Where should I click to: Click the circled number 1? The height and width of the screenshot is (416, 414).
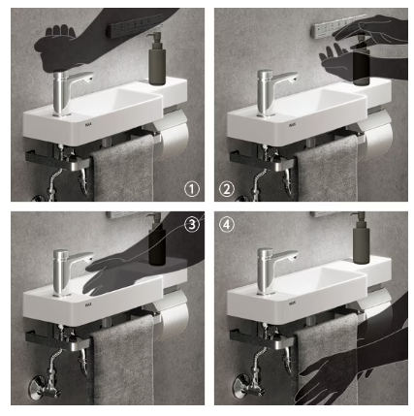coord(192,189)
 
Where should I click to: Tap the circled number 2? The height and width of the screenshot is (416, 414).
coord(227,189)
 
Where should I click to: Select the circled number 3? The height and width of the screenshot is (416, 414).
coord(192,224)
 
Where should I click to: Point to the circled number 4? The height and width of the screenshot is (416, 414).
coord(227,224)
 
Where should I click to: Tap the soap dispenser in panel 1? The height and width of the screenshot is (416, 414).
coord(157,60)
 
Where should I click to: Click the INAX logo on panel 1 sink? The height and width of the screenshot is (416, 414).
coord(88,124)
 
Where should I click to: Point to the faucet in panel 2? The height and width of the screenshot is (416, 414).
coord(272,93)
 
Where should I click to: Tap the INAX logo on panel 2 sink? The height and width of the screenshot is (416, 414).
coord(292,125)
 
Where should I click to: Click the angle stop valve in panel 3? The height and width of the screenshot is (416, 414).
coord(46,385)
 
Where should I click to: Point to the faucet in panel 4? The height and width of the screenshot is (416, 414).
coord(272,272)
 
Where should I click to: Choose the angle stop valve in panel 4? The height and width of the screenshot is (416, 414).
coord(249,385)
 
